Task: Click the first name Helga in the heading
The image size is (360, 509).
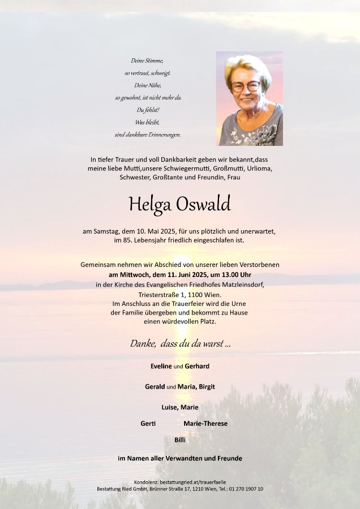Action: click(149, 205)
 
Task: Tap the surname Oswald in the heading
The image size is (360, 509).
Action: click(204, 204)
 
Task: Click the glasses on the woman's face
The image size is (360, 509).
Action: click(246, 87)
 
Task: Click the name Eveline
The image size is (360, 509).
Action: click(161, 366)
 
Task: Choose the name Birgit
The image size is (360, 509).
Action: click(205, 387)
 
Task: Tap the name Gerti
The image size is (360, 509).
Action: click(148, 424)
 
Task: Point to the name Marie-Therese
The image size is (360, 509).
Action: click(205, 424)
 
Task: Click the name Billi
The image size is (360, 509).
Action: click(180, 439)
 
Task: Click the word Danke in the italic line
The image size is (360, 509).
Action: click(143, 343)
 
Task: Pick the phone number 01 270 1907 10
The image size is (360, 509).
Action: click(245, 489)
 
